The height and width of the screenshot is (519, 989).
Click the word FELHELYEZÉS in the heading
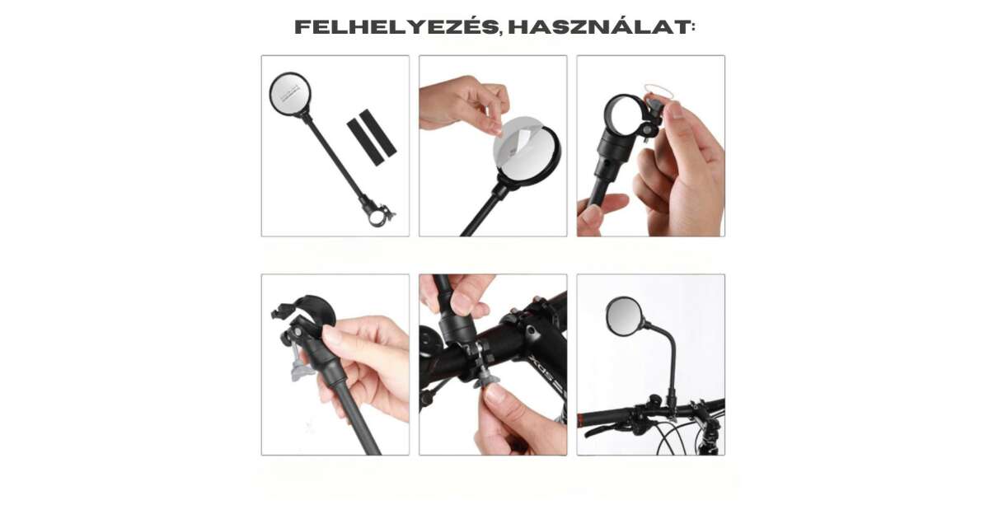(x=396, y=26)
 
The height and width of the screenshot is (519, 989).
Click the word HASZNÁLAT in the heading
(x=598, y=27)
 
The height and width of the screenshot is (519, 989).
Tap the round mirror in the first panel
(x=290, y=95)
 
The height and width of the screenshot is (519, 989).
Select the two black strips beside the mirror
(x=372, y=137)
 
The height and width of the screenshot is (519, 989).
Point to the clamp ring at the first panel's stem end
(x=379, y=216)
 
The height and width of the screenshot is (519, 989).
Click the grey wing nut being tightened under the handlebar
(x=485, y=377)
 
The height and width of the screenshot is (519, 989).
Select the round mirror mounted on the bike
(x=623, y=314)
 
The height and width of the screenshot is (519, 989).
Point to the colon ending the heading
(x=693, y=27)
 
